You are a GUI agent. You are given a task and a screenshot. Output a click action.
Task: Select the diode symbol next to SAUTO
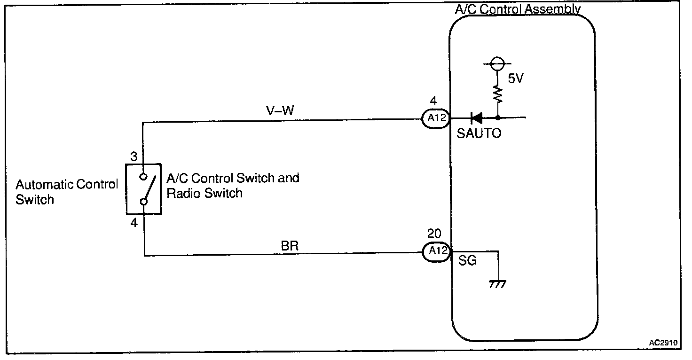pos(477,118)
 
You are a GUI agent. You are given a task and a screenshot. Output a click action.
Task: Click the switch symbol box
pos(143,189)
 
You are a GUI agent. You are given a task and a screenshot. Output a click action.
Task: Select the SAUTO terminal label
pos(479,133)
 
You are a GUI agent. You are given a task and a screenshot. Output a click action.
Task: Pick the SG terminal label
pos(467,260)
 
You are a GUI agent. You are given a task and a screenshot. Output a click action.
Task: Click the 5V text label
pos(516,79)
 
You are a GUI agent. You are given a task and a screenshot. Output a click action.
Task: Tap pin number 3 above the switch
pos(134,157)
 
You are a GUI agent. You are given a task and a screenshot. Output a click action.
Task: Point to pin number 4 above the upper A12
pos(433,101)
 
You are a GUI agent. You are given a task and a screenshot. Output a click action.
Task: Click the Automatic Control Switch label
pos(66,192)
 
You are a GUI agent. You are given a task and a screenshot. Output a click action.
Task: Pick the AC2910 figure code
pos(663,343)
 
